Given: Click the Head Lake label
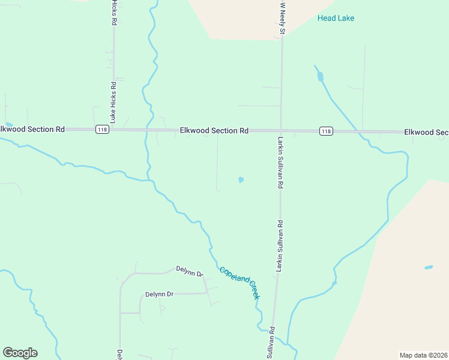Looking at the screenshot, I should pyautogui.click(x=336, y=18).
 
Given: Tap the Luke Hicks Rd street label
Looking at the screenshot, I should pyautogui.click(x=113, y=12).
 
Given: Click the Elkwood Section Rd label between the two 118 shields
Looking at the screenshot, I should pyautogui.click(x=214, y=130).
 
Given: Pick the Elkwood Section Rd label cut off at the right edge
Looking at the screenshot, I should pyautogui.click(x=426, y=132).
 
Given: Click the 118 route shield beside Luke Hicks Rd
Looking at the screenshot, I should pyautogui.click(x=101, y=130).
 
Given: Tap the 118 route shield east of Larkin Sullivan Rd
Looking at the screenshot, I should pyautogui.click(x=325, y=131).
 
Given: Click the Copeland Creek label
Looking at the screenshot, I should pyautogui.click(x=239, y=283).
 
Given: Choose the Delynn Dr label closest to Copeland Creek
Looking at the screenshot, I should pyautogui.click(x=190, y=271).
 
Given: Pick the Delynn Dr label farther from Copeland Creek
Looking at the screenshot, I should pyautogui.click(x=159, y=295).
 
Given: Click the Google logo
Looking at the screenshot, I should pyautogui.click(x=20, y=353).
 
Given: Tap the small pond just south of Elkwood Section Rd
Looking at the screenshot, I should pyautogui.click(x=241, y=179).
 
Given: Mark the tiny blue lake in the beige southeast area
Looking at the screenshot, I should pyautogui.click(x=429, y=267).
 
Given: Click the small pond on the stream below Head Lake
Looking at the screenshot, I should pyautogui.click(x=320, y=76).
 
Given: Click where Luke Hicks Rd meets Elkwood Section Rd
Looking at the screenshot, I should pyautogui.click(x=113, y=129).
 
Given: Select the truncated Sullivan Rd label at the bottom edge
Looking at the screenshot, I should pyautogui.click(x=271, y=344).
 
